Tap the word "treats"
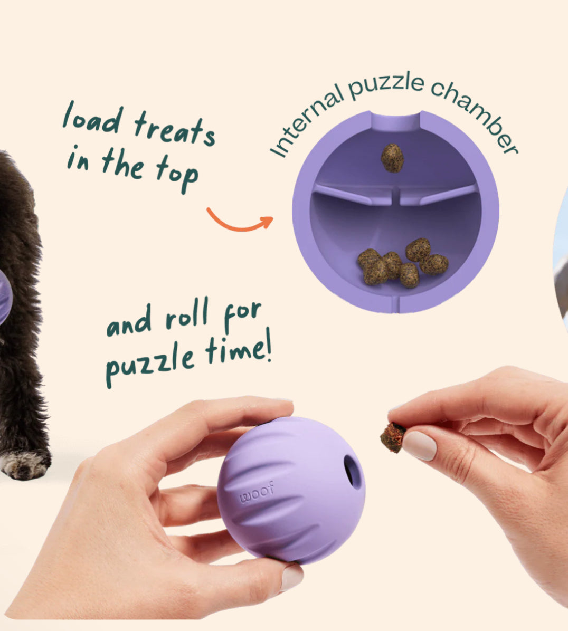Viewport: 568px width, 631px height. pyautogui.click(x=175, y=128)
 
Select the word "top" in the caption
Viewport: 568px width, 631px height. pyautogui.click(x=177, y=174)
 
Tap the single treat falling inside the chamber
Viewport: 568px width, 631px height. pyautogui.click(x=392, y=158)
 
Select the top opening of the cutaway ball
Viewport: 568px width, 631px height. pyautogui.click(x=396, y=122)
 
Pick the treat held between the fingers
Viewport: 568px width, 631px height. pyautogui.click(x=393, y=437)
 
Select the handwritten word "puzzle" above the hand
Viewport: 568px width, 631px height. pyautogui.click(x=150, y=364)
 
